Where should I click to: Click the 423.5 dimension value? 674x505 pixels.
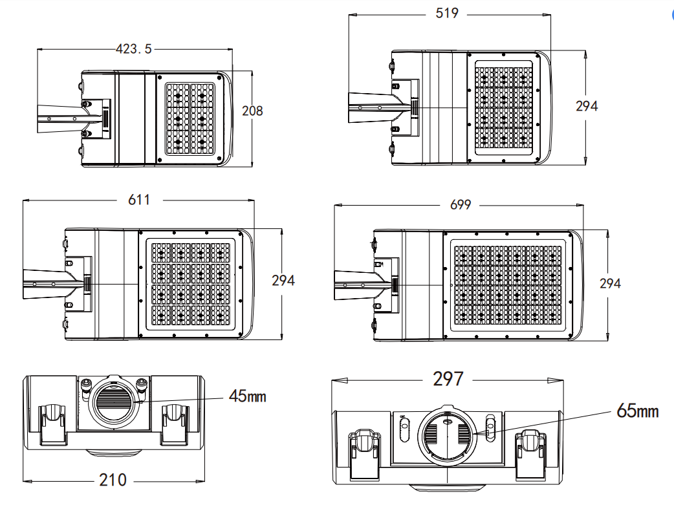[134, 48]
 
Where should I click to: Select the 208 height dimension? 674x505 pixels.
[252, 111]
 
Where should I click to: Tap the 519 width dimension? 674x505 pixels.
[446, 13]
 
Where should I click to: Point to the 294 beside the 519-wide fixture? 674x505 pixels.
[587, 106]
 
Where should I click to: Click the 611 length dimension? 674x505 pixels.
[138, 200]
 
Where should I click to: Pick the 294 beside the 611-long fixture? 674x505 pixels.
[283, 280]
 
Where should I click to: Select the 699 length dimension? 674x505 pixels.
[460, 205]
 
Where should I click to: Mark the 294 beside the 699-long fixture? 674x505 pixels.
[609, 283]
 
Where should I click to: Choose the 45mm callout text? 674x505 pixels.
[247, 396]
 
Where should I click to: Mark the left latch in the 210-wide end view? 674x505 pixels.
[53, 424]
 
